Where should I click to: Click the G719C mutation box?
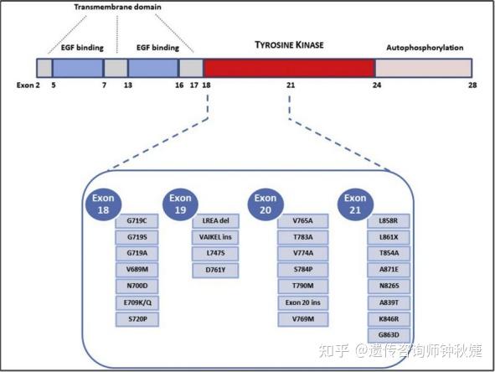click(137, 220)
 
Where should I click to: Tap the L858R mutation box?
click(389, 220)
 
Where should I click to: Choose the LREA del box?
click(215, 220)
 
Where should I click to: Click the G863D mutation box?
click(389, 335)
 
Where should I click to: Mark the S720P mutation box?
click(137, 319)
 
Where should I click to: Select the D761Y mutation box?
click(215, 270)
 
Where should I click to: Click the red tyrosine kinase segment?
click(289, 69)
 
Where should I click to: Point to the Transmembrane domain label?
click(117, 7)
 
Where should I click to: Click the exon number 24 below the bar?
click(377, 86)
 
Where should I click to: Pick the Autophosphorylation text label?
click(424, 48)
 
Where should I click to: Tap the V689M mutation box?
click(137, 270)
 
